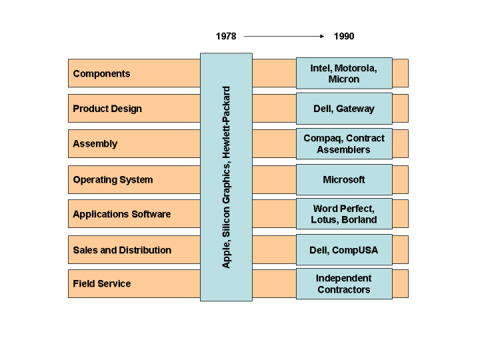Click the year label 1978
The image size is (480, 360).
pyautogui.click(x=226, y=36)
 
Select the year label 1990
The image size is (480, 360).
pyautogui.click(x=344, y=36)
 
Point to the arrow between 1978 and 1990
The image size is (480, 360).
pyautogui.click(x=285, y=36)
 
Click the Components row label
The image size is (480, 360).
pyautogui.click(x=101, y=73)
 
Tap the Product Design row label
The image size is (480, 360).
pyautogui.click(x=107, y=109)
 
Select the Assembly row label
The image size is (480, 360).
pyautogui.click(x=95, y=143)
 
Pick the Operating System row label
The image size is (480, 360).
pyautogui.click(x=113, y=179)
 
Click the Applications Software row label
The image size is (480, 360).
pyautogui.click(x=121, y=214)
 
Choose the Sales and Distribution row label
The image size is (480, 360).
pyautogui.click(x=122, y=250)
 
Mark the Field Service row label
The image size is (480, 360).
pyautogui.click(x=101, y=283)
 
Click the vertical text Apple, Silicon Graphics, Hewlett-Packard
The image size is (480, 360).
pyautogui.click(x=226, y=177)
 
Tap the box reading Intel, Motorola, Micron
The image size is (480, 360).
pyautogui.click(x=344, y=73)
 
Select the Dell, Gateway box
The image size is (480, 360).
pyautogui.click(x=344, y=109)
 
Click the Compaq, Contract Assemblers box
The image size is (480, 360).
pyautogui.click(x=344, y=144)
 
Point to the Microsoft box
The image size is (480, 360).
pyautogui.click(x=344, y=179)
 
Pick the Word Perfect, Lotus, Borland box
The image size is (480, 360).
pyautogui.click(x=344, y=214)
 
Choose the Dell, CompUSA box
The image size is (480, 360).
pyautogui.click(x=344, y=250)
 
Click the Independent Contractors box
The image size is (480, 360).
pyautogui.click(x=344, y=284)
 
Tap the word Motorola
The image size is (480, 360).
pyautogui.click(x=356, y=68)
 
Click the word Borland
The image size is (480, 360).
pyautogui.click(x=359, y=220)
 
